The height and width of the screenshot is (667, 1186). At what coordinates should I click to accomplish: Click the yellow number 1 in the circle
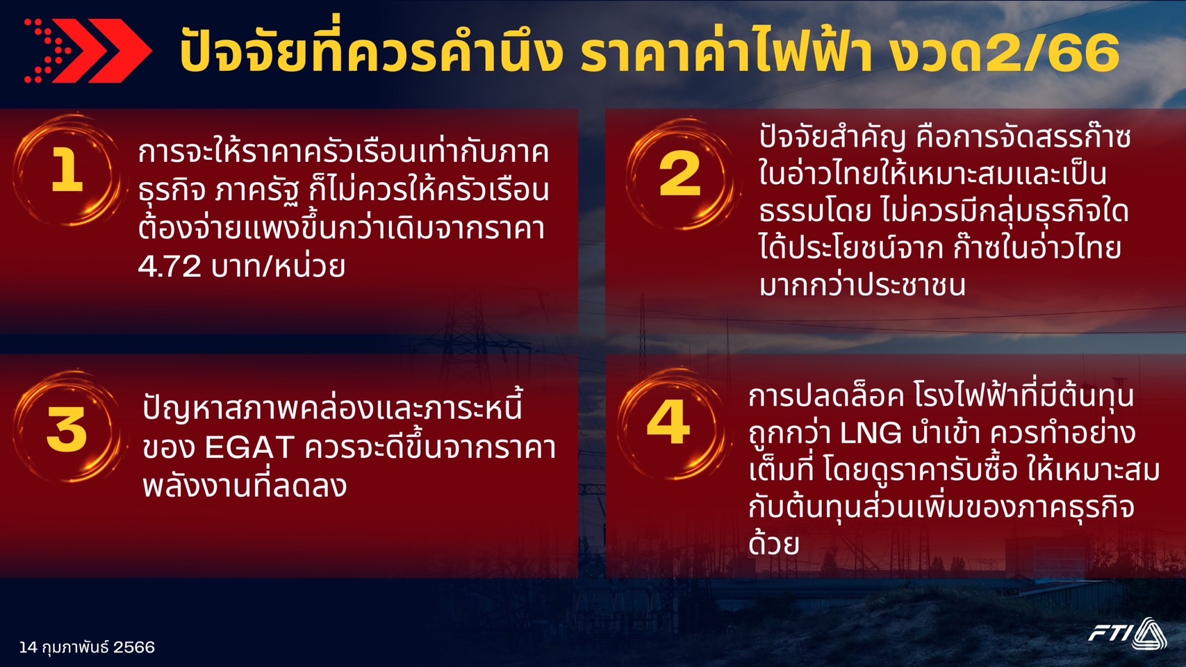(67, 169)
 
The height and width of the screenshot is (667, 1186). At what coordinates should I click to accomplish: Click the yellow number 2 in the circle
(680, 173)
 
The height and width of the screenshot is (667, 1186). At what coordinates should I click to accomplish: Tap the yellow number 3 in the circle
(67, 429)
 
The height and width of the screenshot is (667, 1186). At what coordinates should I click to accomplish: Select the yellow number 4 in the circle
(668, 422)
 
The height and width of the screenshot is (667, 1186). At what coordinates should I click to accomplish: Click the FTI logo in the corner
(1128, 633)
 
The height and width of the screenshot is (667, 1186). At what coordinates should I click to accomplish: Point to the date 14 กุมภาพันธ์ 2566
(88, 647)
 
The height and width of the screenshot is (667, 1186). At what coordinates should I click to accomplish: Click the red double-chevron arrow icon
(88, 51)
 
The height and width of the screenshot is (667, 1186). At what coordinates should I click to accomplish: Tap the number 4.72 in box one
(170, 267)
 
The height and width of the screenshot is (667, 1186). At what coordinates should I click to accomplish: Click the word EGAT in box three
(249, 448)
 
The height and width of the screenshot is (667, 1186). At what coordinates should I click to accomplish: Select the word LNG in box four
(871, 434)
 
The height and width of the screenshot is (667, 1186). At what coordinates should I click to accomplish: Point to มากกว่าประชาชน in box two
(862, 286)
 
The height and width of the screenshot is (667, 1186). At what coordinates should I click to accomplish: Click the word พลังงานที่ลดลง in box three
(245, 484)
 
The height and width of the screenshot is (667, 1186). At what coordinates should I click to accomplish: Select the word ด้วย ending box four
(773, 542)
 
